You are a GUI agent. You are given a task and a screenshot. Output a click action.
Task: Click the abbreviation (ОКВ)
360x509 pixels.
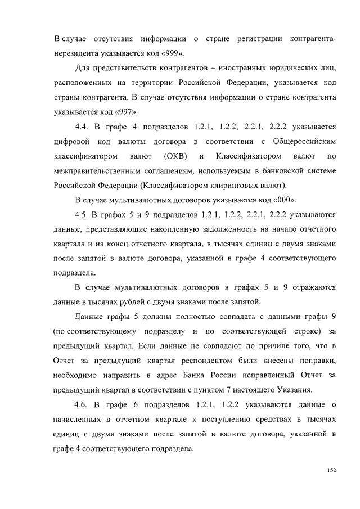pyautogui.click(x=176, y=155)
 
